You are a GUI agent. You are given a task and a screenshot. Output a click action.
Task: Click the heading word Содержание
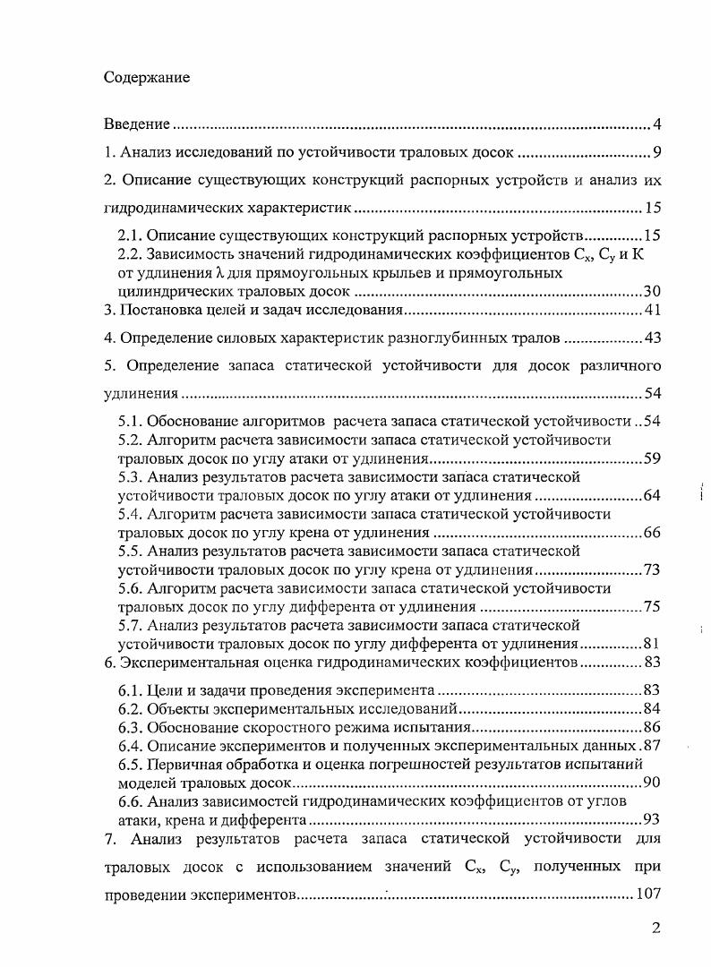[146, 77]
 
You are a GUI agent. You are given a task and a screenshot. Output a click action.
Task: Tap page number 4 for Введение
[656, 124]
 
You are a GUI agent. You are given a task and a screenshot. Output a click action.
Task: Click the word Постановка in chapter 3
[162, 311]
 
